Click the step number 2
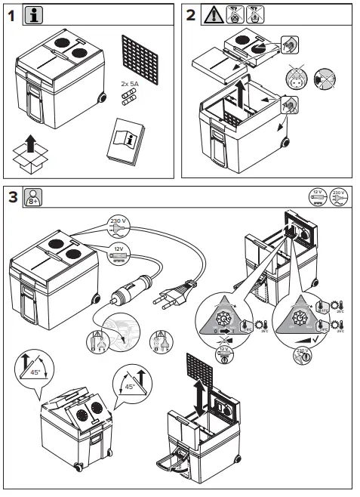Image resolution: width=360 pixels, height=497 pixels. [x=191, y=14]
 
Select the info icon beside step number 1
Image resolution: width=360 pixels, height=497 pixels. [x=34, y=14]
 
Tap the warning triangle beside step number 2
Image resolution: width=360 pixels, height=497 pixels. [x=212, y=14]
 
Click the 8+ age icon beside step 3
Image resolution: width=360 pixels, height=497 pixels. [x=33, y=197]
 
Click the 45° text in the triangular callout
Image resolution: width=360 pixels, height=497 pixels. [x=130, y=387]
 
